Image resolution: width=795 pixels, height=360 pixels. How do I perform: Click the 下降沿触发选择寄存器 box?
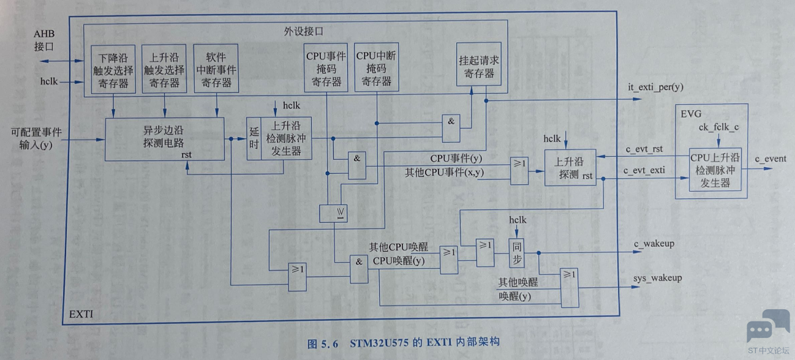[113, 69]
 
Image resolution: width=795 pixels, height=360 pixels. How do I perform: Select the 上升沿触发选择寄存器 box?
[164, 69]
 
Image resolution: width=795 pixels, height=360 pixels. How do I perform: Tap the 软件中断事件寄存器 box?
[216, 69]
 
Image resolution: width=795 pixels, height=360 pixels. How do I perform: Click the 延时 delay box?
[254, 138]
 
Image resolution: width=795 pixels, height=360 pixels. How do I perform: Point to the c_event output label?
[770, 159]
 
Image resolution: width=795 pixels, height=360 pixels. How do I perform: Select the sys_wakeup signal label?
[657, 278]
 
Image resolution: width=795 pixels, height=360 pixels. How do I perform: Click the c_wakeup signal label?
[654, 244]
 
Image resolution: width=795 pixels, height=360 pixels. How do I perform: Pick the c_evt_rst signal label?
[642, 149]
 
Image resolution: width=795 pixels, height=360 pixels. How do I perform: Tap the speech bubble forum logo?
[767, 326]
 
